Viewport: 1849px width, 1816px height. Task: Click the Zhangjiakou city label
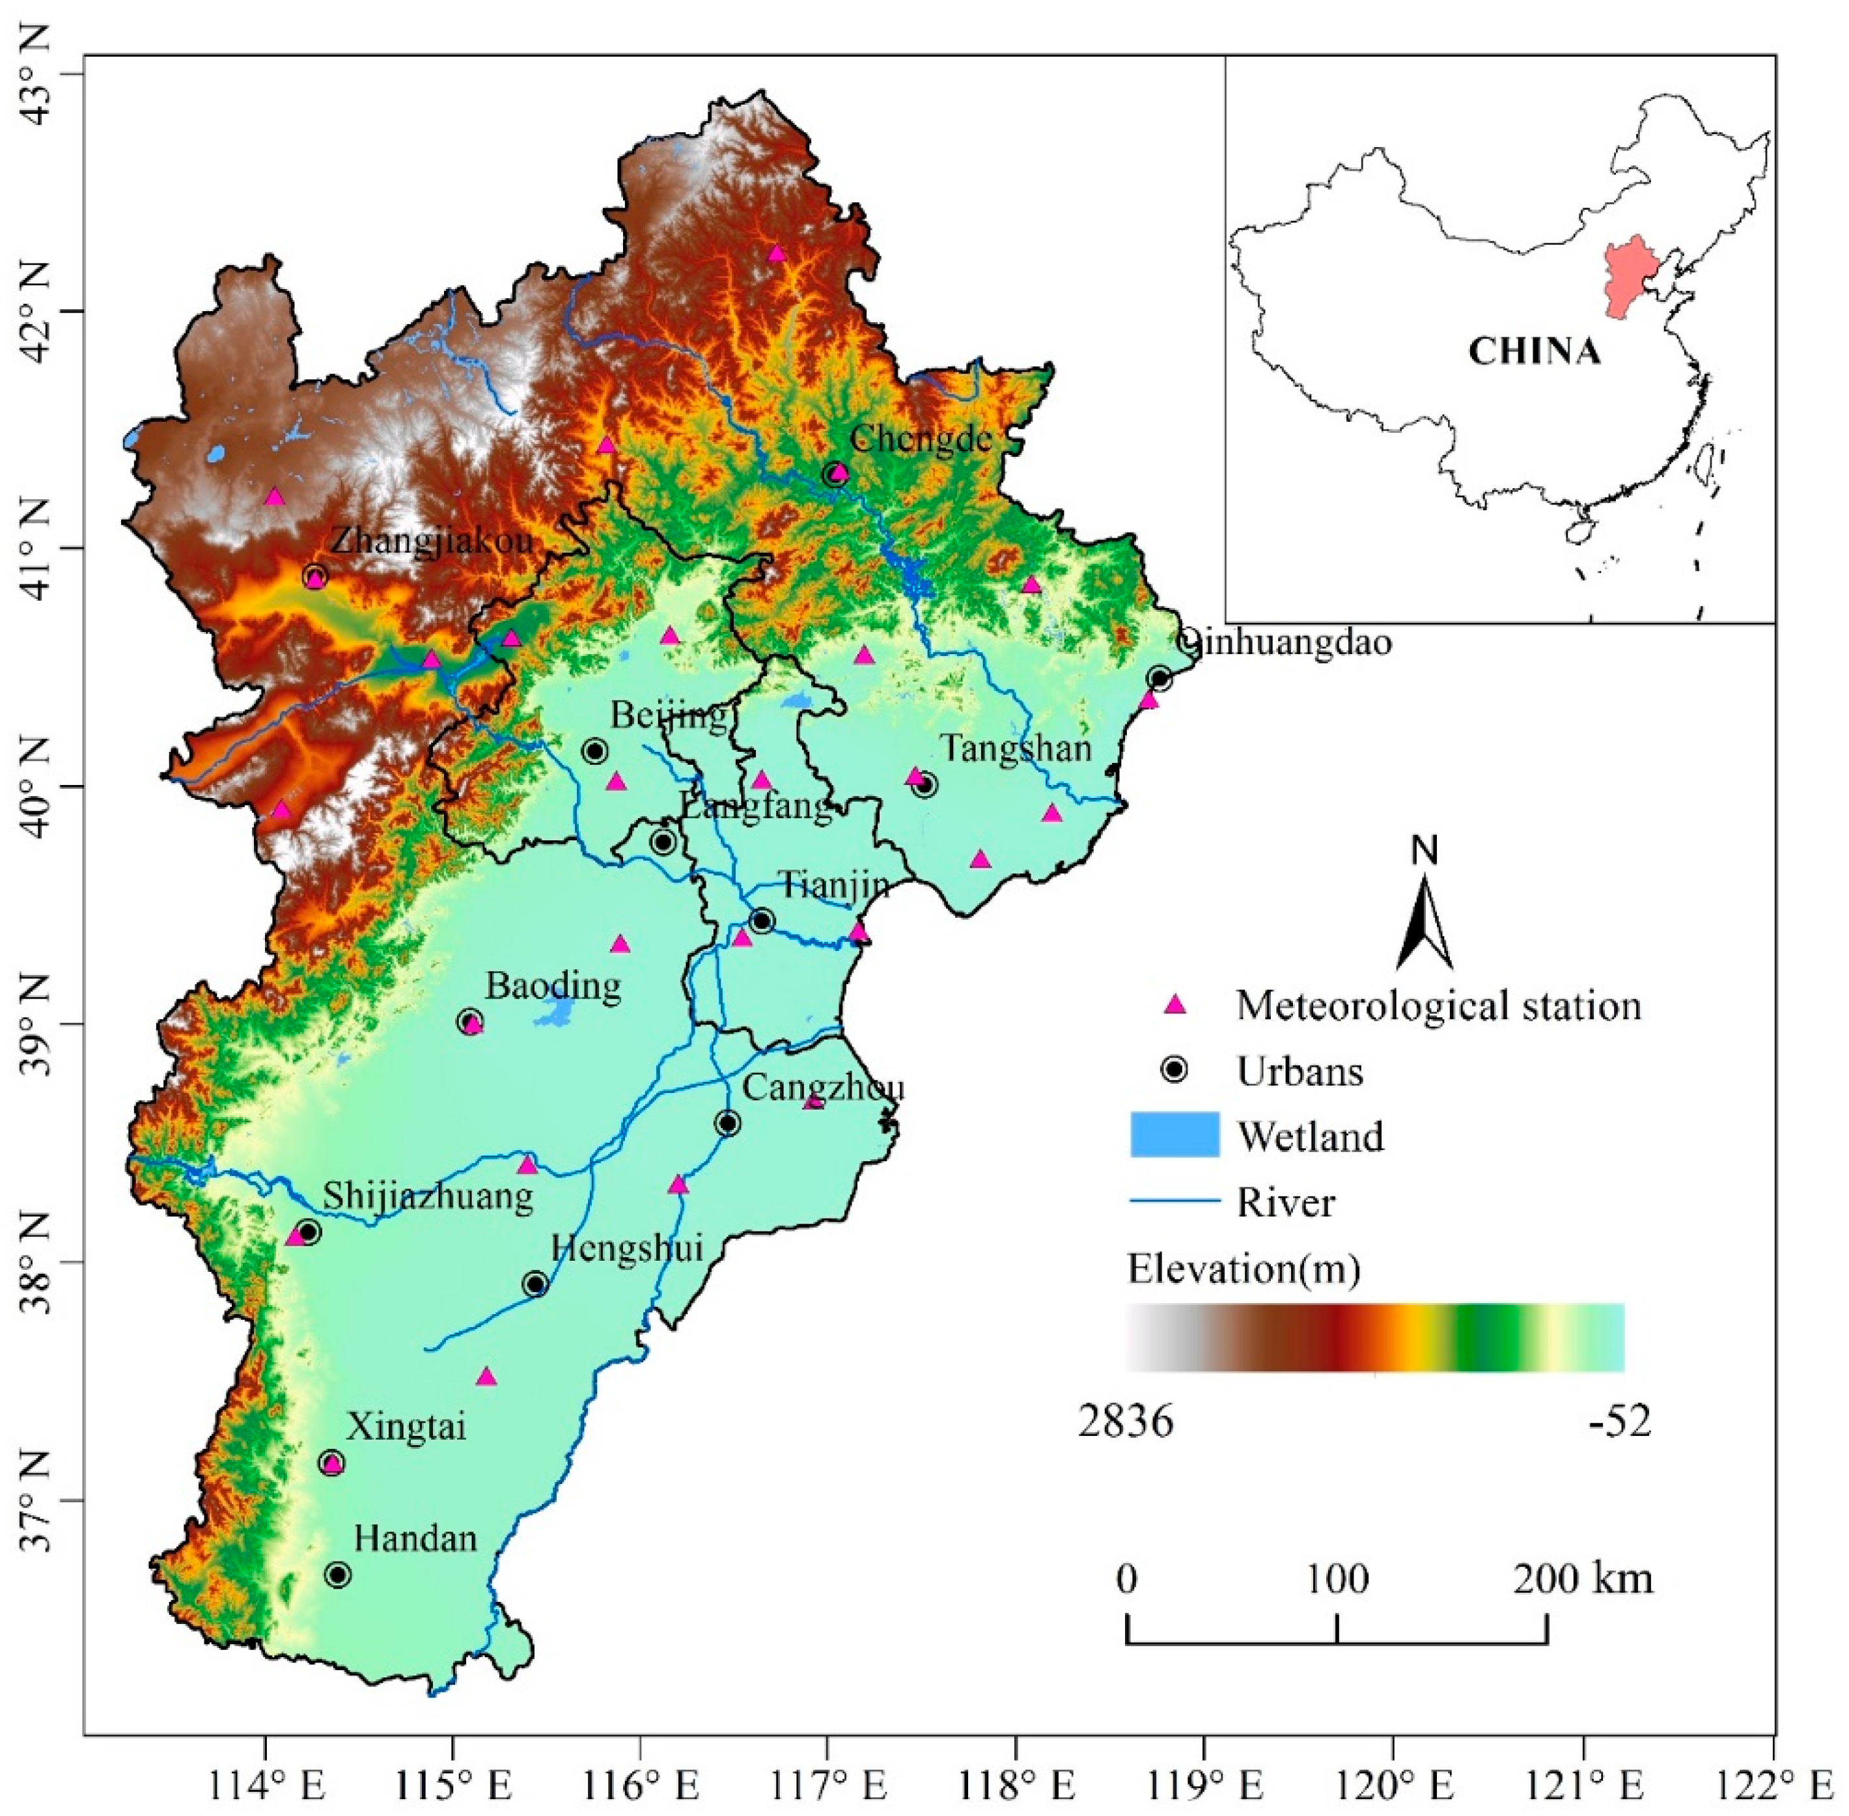click(x=431, y=541)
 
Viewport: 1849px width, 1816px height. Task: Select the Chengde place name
click(x=921, y=438)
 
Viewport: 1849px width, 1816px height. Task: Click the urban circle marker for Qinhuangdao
click(x=1158, y=678)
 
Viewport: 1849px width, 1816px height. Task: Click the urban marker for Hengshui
click(x=535, y=1284)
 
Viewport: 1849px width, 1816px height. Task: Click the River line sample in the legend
click(x=1175, y=1201)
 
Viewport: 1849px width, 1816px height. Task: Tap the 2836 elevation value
click(x=1126, y=1422)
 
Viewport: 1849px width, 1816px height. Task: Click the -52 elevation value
click(x=1619, y=1422)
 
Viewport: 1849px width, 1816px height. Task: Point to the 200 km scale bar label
click(x=1582, y=1578)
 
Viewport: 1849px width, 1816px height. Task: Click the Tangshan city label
click(x=1016, y=748)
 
